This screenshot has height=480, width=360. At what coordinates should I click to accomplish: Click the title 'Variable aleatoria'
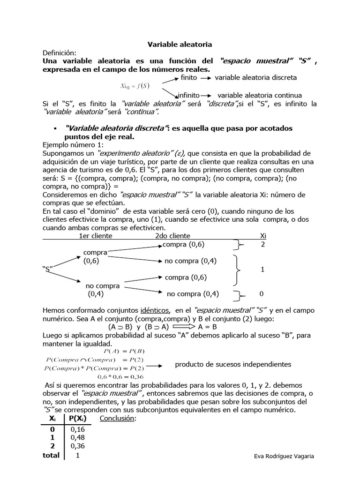180,44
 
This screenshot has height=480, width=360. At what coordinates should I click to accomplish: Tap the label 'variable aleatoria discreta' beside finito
255,77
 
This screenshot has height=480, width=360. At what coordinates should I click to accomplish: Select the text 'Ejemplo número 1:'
72,145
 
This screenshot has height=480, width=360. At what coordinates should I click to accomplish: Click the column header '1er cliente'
96,236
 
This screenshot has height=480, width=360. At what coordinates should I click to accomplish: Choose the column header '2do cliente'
172,236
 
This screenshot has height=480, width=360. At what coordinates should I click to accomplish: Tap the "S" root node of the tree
48,269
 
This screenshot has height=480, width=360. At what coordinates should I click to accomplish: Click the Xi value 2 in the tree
262,245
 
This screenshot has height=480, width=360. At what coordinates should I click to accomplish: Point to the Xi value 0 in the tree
262,294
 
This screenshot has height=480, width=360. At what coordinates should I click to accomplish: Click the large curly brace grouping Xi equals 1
239,270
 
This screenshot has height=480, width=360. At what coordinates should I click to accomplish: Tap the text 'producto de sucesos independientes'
233,364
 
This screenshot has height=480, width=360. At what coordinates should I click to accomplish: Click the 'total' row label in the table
51,455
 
